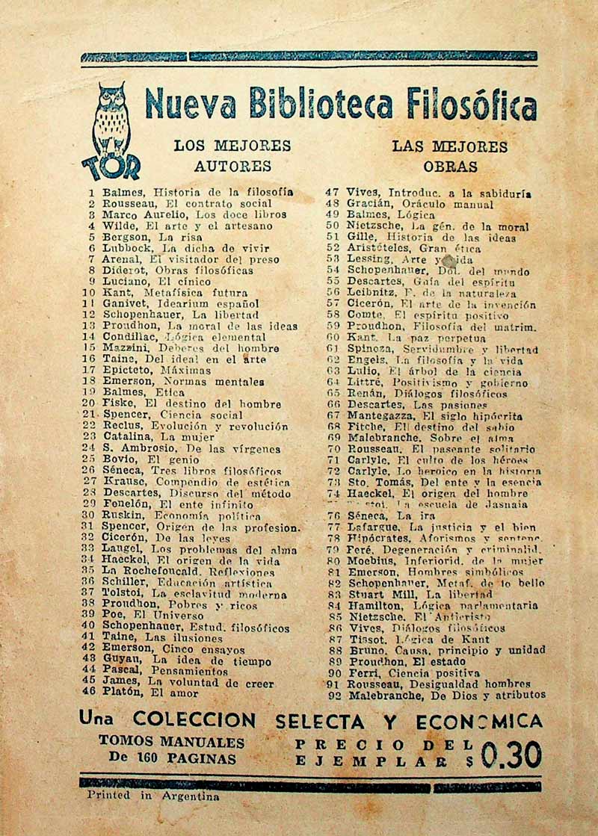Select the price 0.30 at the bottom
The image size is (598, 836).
coord(511,755)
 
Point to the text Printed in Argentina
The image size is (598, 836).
coord(153,796)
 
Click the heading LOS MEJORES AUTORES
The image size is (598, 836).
coord(232,155)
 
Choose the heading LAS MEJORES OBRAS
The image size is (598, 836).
coord(450,156)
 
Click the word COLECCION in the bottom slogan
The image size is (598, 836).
coord(194,721)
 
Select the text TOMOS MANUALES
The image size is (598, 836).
coord(172,743)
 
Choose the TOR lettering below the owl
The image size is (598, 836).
coord(111,166)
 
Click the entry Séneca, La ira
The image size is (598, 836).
coord(381,515)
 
